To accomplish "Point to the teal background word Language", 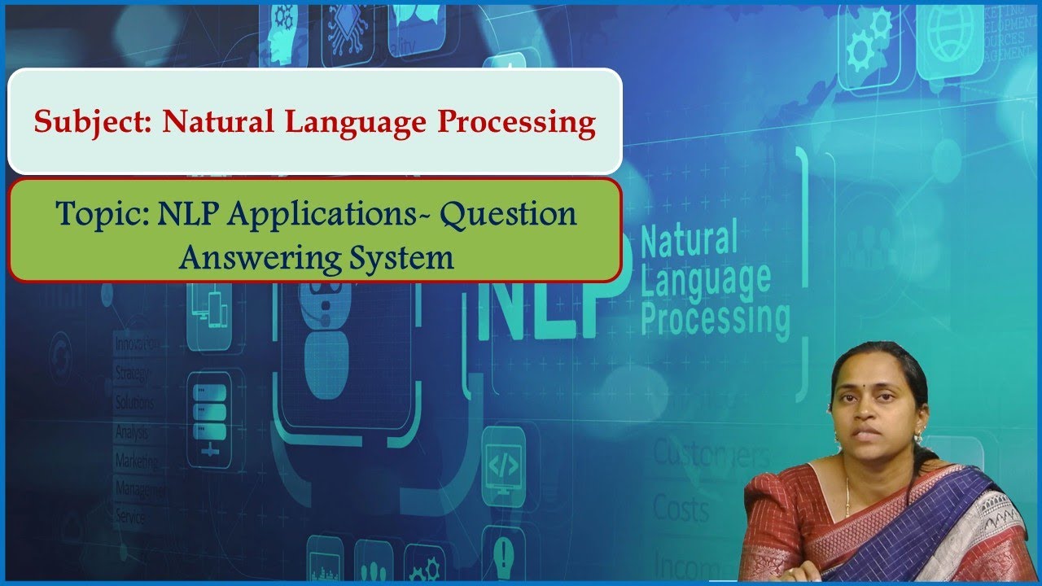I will point(705,278).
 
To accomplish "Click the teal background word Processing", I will point(715,317).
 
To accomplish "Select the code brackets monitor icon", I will point(502,466).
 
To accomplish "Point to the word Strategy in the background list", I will point(133,374).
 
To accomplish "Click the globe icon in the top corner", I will point(950,37).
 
